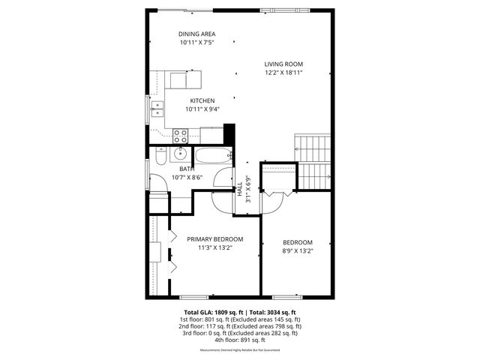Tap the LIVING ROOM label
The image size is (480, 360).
[283, 64]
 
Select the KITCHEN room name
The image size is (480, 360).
[202, 100]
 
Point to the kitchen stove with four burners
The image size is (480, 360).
[181, 136]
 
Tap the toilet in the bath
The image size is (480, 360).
[160, 157]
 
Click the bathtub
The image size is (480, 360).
[214, 157]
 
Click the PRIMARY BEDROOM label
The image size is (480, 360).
[215, 238]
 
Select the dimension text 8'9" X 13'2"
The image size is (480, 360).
[298, 251]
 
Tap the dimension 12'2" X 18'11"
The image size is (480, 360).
[283, 73]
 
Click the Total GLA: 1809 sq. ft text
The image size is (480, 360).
[211, 313]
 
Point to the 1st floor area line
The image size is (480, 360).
[240, 319]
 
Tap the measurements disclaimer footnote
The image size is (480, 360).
[240, 350]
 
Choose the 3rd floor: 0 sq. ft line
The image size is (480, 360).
[240, 333]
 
